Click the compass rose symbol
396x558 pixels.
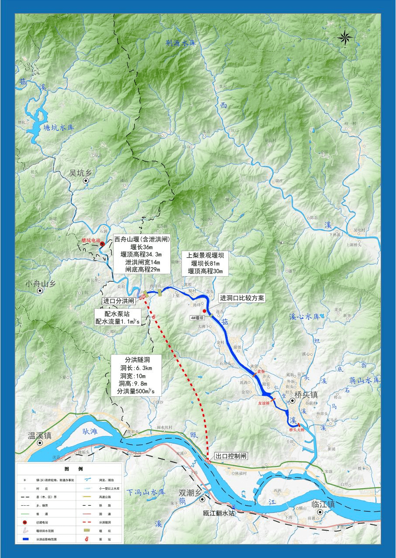point(345,37)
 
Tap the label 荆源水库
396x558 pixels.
point(183,43)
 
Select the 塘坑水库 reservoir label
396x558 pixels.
point(59,128)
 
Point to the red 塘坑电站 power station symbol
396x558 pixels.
point(102,244)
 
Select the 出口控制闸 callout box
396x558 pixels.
point(231,456)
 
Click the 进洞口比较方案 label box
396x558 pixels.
point(242,298)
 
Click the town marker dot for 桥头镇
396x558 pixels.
point(292,400)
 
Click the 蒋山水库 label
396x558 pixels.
point(364,380)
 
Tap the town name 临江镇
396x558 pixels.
point(323,504)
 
